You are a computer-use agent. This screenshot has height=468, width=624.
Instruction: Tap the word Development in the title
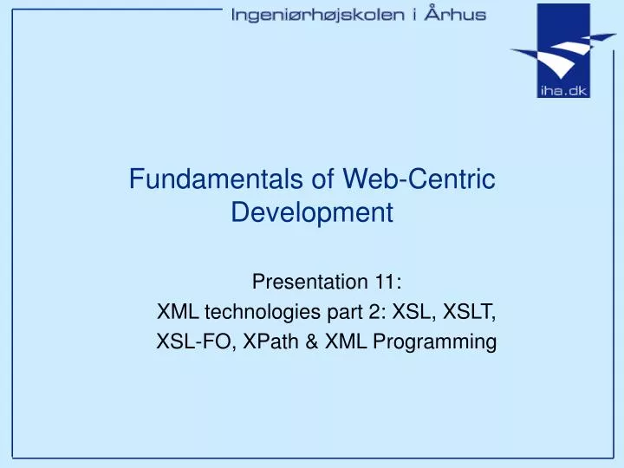[x=312, y=211]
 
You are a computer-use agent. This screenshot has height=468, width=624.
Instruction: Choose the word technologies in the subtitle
[x=250, y=312]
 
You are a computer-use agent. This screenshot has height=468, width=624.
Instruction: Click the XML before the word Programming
[x=348, y=342]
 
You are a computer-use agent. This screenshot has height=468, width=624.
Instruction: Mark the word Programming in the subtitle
[x=433, y=342]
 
